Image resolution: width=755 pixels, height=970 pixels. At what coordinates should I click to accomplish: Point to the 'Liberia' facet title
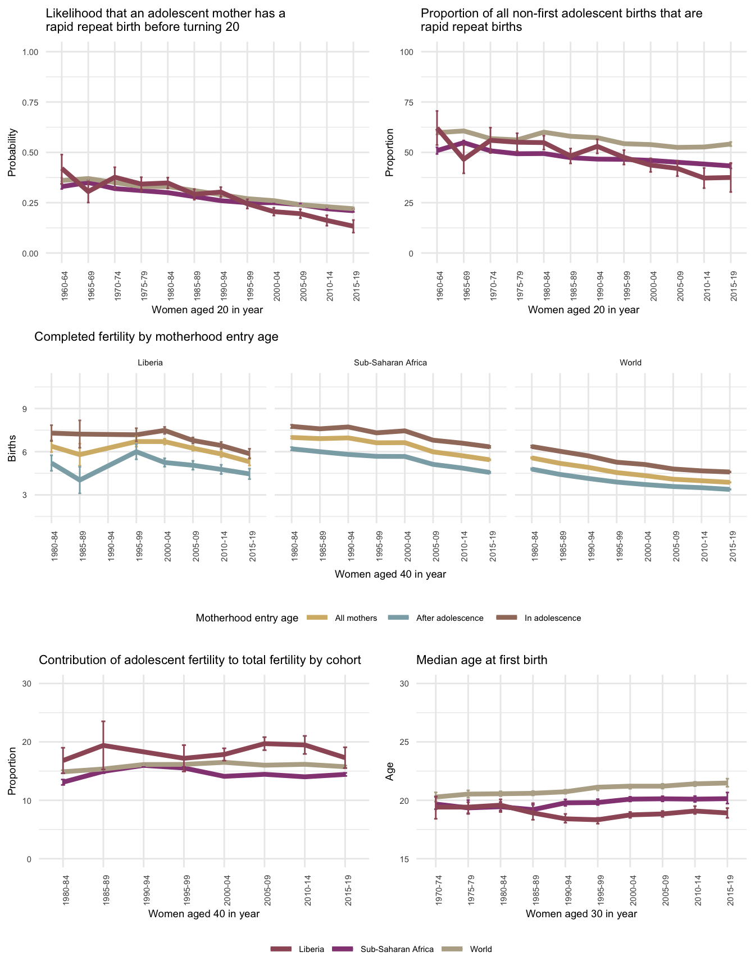pyautogui.click(x=150, y=363)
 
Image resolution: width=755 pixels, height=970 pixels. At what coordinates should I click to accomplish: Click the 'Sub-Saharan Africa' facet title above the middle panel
pyautogui.click(x=390, y=363)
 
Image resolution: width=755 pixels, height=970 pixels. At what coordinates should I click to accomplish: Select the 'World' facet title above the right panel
pyautogui.click(x=630, y=363)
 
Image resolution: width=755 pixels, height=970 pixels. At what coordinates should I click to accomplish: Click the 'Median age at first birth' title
pyautogui.click(x=481, y=660)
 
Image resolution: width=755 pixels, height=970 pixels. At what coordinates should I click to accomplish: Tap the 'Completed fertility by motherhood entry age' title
pyautogui.click(x=156, y=337)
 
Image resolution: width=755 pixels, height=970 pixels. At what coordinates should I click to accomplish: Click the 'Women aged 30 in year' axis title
pyautogui.click(x=581, y=914)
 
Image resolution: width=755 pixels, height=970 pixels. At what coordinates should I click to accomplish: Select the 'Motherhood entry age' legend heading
pyautogui.click(x=247, y=618)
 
